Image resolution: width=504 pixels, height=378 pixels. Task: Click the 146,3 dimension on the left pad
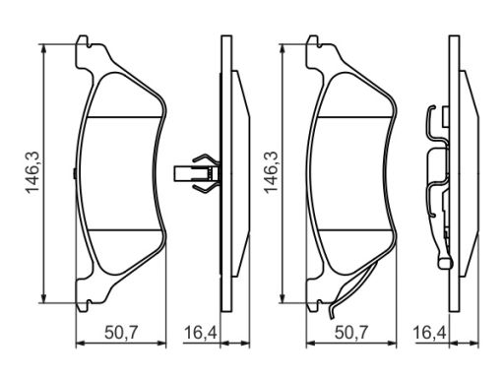coord(33,172)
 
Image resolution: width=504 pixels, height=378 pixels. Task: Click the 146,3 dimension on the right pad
coord(271,172)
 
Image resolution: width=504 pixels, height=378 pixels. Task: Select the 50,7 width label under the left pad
coord(121,333)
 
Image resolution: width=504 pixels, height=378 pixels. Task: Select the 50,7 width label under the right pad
coord(351,333)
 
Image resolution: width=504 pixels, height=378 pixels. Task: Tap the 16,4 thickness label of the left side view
coord(201,333)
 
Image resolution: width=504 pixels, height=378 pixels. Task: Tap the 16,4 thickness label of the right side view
coord(429,333)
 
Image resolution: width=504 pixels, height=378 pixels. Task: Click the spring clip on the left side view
coord(197,173)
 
